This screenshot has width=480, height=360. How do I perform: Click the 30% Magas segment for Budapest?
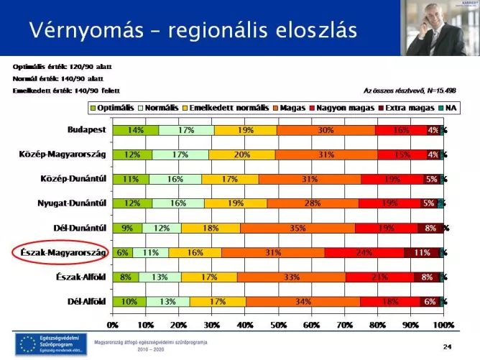[326, 130]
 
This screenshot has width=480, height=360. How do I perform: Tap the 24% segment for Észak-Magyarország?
[364, 253]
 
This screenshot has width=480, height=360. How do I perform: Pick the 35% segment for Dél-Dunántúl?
[297, 229]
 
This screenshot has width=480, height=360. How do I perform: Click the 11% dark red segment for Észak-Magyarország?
[422, 253]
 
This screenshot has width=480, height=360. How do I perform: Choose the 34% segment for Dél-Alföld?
[303, 302]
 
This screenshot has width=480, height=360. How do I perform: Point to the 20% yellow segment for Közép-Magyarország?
[241, 154]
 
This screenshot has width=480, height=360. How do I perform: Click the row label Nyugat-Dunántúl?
[73, 204]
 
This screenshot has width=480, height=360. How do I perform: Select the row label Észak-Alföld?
[82, 277]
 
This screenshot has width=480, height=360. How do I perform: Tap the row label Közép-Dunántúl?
[76, 180]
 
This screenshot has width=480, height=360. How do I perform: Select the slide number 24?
[448, 346]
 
